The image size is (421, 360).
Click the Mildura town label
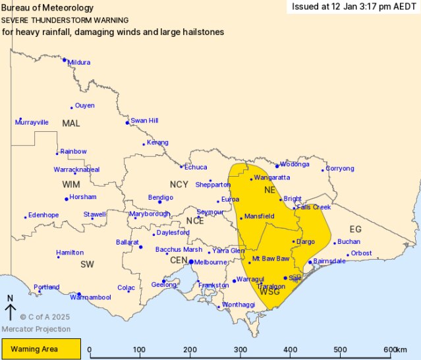click(x=78, y=63)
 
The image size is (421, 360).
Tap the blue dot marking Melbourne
click(x=191, y=262)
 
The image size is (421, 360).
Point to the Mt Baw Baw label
click(x=271, y=258)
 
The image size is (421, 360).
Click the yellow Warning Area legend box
click(x=41, y=349)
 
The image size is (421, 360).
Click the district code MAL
click(x=70, y=123)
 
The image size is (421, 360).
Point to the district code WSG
click(x=270, y=291)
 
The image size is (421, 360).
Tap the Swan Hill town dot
click(x=127, y=123)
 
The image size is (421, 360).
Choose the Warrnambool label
click(x=94, y=297)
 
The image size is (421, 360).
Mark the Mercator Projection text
click(x=36, y=329)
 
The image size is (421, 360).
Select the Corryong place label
click(x=340, y=168)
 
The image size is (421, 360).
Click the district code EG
click(x=355, y=229)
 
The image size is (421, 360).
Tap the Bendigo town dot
click(x=159, y=202)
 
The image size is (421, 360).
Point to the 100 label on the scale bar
click(x=139, y=349)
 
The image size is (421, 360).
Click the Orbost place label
click(x=361, y=253)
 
